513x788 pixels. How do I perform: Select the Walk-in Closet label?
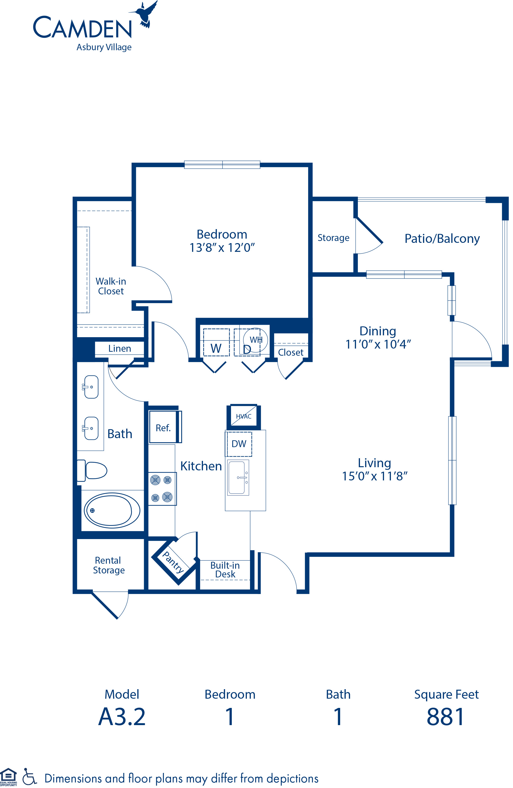pos(111,286)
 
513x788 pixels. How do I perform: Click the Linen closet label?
pos(119,349)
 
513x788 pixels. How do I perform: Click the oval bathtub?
pos(112,510)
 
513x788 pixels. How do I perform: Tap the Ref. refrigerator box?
pos(163,428)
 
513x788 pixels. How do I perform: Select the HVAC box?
pos(243,416)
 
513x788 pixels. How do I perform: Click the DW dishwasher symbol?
pos(239,444)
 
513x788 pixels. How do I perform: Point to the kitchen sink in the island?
pos(237,478)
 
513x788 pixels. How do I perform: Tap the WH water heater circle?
pos(255,340)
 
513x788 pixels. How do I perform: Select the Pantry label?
pos(173,562)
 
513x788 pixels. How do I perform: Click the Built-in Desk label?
pos(225,569)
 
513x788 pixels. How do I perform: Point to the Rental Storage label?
pos(109,565)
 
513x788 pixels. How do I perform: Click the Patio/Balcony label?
pos(442,239)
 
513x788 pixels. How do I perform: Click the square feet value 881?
pos(445,717)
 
